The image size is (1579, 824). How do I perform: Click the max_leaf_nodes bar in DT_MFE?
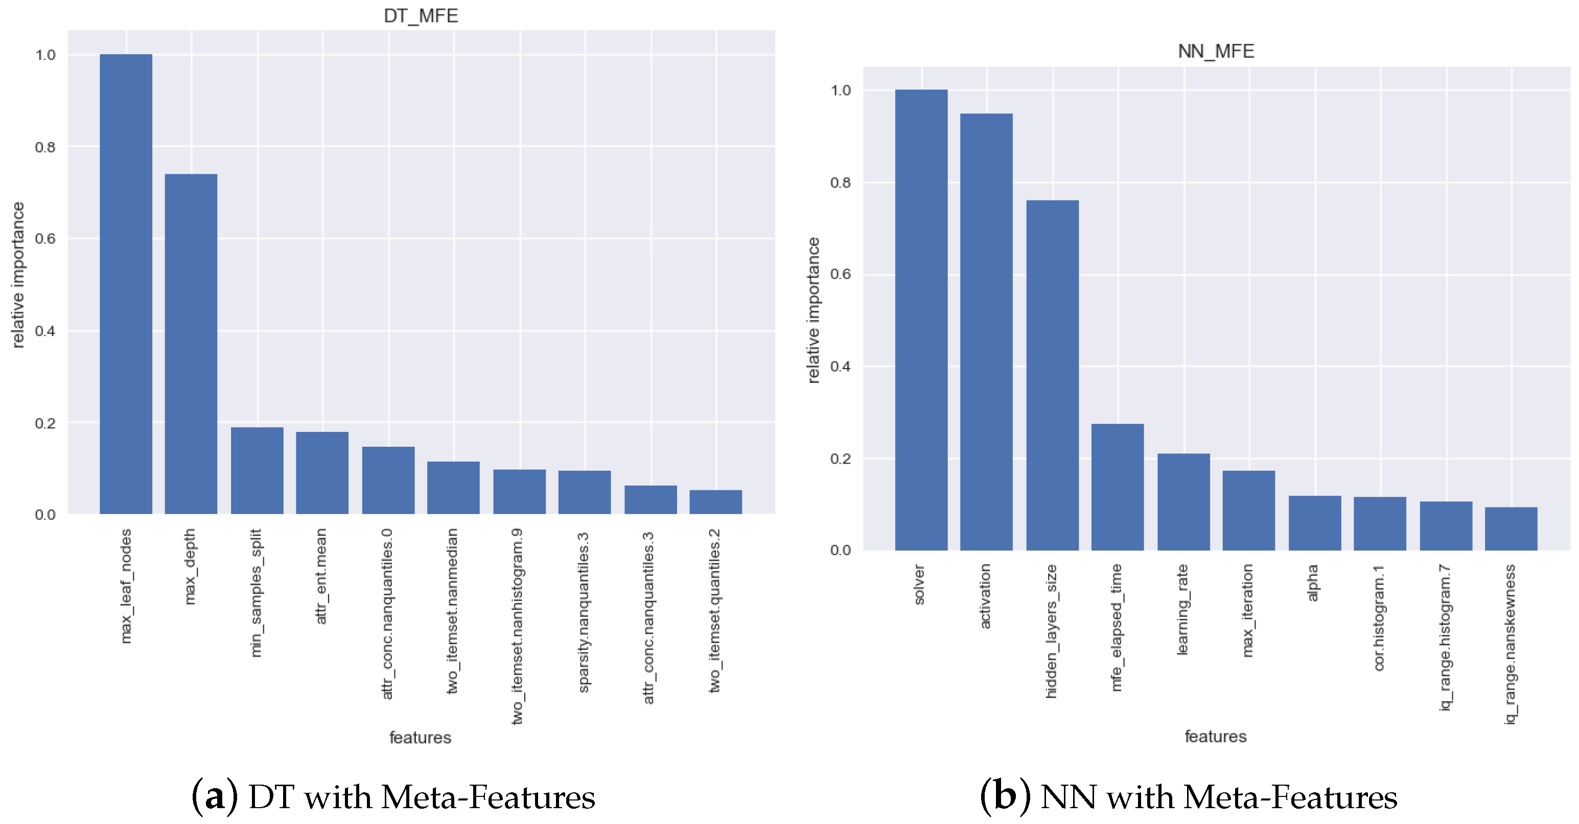tap(126, 284)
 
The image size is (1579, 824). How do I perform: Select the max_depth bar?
tap(191, 344)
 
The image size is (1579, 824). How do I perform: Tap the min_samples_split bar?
tap(257, 470)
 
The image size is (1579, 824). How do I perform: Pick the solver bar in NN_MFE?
tap(921, 319)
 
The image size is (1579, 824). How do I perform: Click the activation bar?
tap(986, 332)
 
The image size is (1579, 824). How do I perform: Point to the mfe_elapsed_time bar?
tap(1117, 487)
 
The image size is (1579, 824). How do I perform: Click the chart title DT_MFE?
tap(421, 16)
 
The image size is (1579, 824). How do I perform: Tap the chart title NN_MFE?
tap(1216, 52)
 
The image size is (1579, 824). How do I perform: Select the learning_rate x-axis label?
tap(1182, 609)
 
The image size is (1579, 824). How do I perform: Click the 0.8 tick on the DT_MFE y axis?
tap(45, 147)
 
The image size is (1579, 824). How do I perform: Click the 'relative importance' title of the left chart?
tap(18, 274)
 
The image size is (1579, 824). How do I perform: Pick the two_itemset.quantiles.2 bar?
tap(715, 501)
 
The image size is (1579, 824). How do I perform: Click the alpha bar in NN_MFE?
tap(1314, 522)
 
